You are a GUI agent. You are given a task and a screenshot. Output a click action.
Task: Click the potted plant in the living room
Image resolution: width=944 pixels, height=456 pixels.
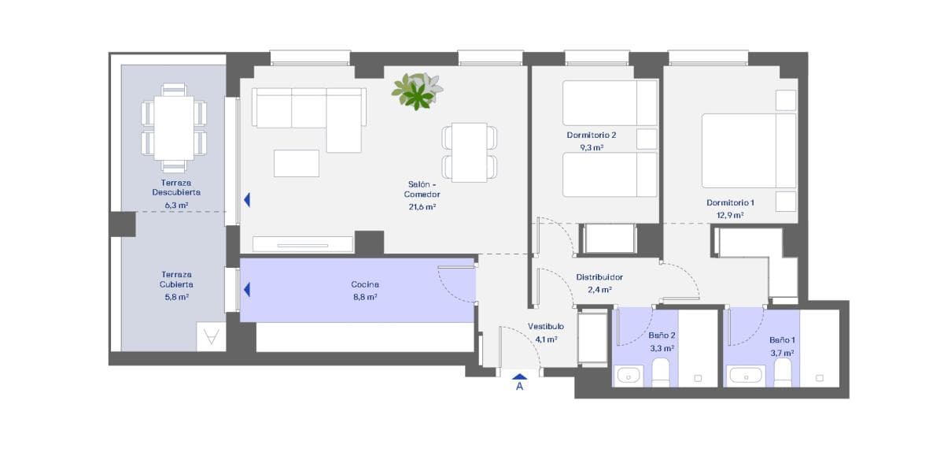click(417, 91)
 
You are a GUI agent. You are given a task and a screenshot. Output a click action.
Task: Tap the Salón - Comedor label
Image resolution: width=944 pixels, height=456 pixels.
click(422, 189)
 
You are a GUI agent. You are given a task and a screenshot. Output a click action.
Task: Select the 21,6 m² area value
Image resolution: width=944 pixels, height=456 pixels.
click(422, 206)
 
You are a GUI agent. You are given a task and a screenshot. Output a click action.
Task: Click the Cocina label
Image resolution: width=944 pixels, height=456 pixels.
click(365, 285)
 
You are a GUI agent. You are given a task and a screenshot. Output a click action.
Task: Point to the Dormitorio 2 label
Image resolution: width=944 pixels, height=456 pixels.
click(592, 135)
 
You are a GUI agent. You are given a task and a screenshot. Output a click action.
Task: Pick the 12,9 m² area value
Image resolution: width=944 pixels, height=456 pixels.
click(730, 215)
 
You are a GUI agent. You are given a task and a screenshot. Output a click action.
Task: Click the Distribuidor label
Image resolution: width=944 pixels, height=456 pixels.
click(599, 277)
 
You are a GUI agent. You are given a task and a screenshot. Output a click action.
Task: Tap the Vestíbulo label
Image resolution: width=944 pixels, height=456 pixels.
click(546, 327)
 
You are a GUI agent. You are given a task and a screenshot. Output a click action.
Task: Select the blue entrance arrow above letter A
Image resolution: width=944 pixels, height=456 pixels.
click(520, 376)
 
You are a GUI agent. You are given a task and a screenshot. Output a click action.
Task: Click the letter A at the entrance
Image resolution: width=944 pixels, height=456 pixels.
click(520, 386)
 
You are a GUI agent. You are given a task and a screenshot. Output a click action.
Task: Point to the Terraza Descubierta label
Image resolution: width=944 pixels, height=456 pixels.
click(176, 187)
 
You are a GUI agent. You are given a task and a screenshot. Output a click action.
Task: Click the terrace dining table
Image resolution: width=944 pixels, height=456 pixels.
click(174, 128)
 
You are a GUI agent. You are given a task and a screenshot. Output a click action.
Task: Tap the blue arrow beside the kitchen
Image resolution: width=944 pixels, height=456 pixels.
click(247, 290)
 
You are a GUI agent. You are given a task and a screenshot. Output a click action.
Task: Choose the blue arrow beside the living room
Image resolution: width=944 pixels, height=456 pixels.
click(247, 200)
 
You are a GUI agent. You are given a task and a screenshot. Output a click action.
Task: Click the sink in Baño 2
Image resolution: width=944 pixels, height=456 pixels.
click(629, 376)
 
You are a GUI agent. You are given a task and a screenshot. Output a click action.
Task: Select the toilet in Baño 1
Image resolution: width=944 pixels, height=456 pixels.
click(783, 373)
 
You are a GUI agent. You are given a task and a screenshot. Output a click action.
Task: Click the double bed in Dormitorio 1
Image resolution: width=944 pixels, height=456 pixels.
click(749, 150)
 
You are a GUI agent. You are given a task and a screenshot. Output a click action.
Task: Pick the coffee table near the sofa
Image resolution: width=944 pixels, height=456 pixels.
click(297, 163)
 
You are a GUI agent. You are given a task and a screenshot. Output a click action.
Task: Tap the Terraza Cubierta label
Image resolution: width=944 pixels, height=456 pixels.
click(176, 280)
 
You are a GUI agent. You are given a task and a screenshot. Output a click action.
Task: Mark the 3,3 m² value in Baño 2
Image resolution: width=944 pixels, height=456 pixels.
click(662, 349)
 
